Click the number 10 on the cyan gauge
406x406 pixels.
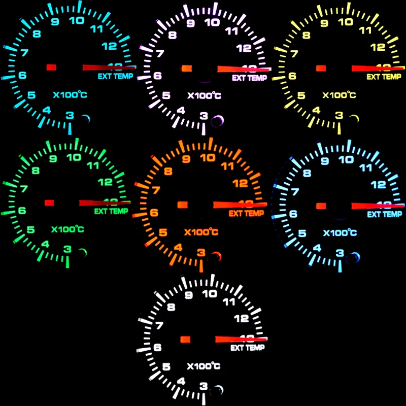[77, 20]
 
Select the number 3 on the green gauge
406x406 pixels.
[67, 249]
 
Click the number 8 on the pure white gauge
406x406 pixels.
[171, 307]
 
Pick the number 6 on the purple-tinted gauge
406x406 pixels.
[158, 76]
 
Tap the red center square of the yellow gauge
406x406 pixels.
[321, 67]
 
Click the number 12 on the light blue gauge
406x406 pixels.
[378, 185]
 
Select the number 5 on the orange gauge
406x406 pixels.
[163, 233]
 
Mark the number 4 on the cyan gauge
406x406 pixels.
[47, 110]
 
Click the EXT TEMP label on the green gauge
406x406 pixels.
[111, 211]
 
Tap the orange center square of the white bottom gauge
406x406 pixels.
[185, 339]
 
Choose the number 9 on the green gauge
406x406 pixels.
[53, 158]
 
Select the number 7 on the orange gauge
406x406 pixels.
[156, 191]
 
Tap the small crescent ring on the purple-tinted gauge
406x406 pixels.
[218, 120]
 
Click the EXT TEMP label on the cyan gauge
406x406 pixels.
[115, 77]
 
